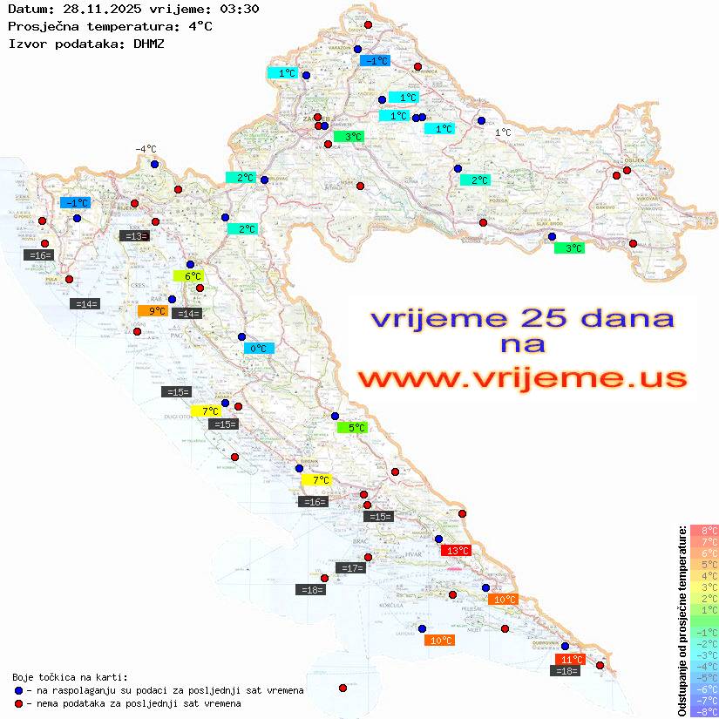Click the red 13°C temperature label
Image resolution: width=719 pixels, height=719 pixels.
click(x=457, y=551)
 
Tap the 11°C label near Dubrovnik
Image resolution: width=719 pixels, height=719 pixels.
click(x=571, y=660)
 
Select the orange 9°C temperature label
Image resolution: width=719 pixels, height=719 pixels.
click(x=157, y=311)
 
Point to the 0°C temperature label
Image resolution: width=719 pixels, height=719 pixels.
click(x=258, y=349)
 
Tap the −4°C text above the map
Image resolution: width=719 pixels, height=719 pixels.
click(x=145, y=149)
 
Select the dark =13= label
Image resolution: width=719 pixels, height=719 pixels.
click(x=133, y=236)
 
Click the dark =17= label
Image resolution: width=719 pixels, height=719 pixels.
click(x=351, y=568)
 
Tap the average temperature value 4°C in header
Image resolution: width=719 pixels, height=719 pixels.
click(x=200, y=26)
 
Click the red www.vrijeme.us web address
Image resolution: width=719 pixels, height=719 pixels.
click(x=521, y=379)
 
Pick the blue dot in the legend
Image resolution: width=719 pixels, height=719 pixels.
click(x=18, y=690)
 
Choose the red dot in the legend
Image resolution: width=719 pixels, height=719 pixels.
click(x=18, y=703)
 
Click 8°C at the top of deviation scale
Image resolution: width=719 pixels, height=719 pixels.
click(x=703, y=531)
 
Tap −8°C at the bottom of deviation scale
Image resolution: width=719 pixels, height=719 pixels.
click(x=703, y=711)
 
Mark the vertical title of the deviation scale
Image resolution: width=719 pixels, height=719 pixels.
click(x=682, y=621)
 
